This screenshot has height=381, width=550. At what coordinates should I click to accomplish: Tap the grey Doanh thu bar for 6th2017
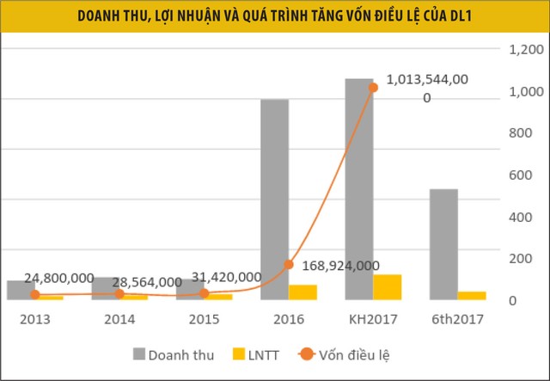click(x=443, y=244)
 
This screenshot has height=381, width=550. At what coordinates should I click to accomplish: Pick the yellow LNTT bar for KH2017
click(x=387, y=287)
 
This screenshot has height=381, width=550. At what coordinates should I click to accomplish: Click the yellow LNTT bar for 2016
click(x=302, y=292)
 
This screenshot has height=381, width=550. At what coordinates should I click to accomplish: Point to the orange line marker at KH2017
click(x=373, y=87)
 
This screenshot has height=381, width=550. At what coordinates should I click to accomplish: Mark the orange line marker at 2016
click(x=289, y=265)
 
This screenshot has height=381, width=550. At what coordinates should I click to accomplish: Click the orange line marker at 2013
click(x=35, y=294)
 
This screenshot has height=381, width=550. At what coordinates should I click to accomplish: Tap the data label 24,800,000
click(x=58, y=278)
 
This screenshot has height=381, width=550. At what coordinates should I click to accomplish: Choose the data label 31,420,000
click(x=225, y=277)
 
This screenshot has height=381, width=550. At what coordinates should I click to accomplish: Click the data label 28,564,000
click(x=140, y=281)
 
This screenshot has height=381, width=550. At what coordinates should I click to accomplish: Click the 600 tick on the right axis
click(x=521, y=175)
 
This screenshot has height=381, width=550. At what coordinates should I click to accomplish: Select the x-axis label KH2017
click(x=373, y=319)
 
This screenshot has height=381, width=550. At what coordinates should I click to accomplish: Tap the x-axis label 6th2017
click(x=457, y=319)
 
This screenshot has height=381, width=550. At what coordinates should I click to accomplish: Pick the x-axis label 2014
click(x=119, y=319)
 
